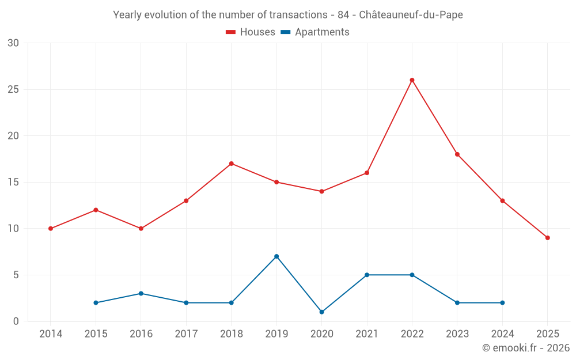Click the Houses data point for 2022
tap(412, 80)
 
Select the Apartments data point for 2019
tap(276, 256)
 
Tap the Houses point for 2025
tap(547, 238)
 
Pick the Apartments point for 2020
tap(321, 312)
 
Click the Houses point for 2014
tap(51, 229)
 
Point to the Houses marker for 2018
tap(232, 164)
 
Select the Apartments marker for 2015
tap(96, 303)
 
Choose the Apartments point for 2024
tap(502, 303)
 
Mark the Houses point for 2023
tap(457, 154)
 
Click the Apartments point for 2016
tap(141, 294)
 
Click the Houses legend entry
tap(251, 32)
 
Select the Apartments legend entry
tap(315, 32)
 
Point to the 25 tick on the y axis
tap(13, 90)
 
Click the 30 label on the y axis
tap(13, 43)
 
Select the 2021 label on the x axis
tap(367, 334)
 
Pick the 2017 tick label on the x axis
tap(186, 334)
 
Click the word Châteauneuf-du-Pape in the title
tap(411, 15)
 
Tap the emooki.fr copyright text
tap(525, 348)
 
